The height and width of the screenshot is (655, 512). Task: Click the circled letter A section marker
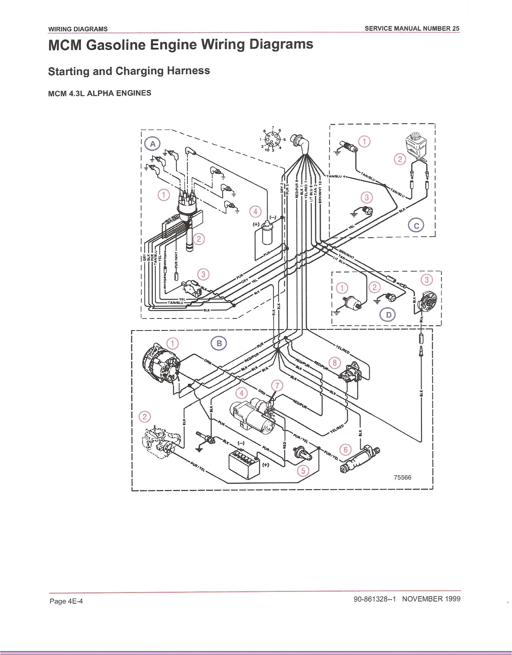[x=153, y=144]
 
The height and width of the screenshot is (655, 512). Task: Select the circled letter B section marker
[x=219, y=343]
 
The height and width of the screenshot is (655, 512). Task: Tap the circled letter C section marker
[x=416, y=226]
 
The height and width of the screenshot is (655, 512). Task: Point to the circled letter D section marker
[x=389, y=315]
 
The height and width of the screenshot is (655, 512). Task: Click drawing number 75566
[x=402, y=477]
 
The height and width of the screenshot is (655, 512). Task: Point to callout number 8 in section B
[x=335, y=363]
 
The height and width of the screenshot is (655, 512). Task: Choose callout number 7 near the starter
[x=277, y=386]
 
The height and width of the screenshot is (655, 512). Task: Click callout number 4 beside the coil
[x=255, y=212]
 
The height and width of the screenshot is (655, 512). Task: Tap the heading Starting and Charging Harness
[x=129, y=71]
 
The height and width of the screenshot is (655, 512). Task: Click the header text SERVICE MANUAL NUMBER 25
[x=412, y=28]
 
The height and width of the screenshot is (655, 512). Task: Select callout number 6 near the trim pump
[x=345, y=450]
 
